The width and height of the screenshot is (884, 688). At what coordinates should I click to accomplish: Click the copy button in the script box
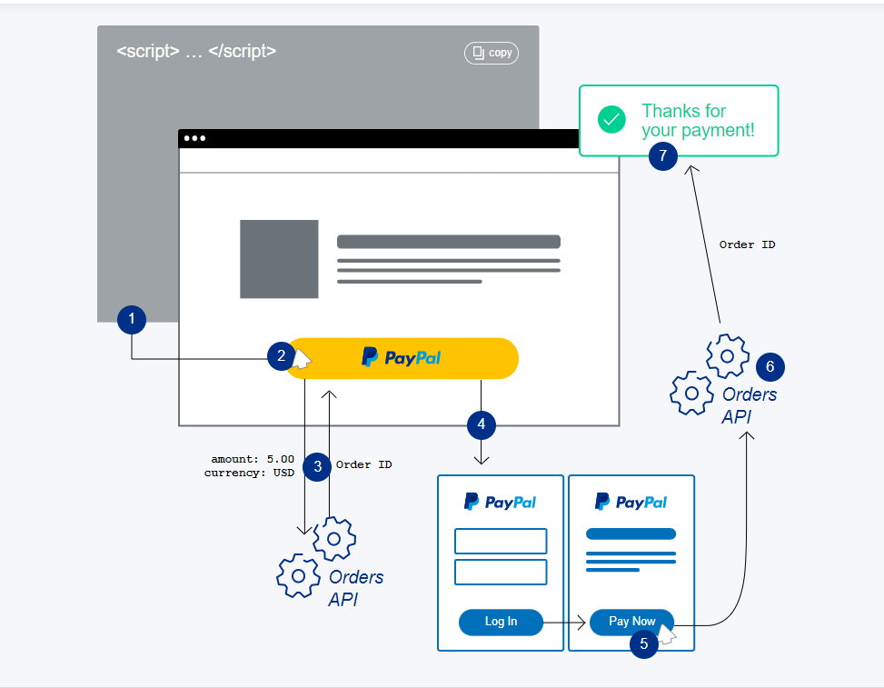coord(492,53)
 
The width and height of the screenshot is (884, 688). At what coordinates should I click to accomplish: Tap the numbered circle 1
coord(132,319)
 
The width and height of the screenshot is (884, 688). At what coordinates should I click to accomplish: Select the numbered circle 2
coord(282,356)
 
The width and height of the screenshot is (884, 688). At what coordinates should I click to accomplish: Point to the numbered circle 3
coord(317,467)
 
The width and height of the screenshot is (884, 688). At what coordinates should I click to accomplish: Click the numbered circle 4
coord(482,424)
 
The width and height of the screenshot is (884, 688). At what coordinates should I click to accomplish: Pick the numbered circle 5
coord(644,644)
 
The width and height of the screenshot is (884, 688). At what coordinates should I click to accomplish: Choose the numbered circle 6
coord(770,367)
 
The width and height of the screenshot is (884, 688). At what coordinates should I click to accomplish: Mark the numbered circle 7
coord(663,156)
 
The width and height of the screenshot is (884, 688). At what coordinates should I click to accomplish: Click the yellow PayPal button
coord(402,358)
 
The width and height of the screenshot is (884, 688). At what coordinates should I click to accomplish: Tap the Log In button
coord(501,622)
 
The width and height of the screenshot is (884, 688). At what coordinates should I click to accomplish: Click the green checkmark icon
coord(611,120)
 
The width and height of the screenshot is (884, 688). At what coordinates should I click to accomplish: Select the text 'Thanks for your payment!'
coord(698,121)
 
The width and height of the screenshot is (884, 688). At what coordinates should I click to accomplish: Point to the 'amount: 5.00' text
coord(253,459)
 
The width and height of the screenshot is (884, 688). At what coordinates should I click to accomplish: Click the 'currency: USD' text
coord(249,473)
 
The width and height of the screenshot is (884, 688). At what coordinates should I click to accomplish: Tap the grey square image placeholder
coord(279,259)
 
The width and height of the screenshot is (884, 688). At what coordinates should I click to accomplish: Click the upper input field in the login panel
coord(501,541)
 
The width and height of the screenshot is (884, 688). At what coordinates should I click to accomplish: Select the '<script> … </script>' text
coord(196,51)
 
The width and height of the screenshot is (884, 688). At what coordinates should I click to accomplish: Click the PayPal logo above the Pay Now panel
coord(631,502)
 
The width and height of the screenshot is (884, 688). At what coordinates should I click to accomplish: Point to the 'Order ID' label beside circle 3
coord(364,464)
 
